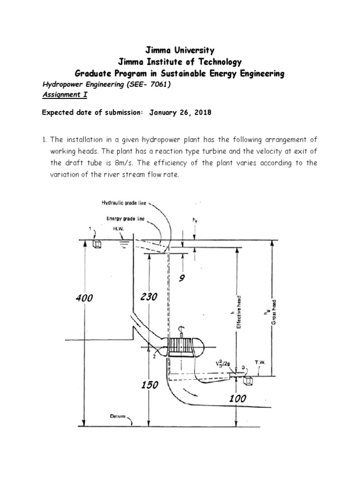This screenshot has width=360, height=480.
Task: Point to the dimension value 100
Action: (x=238, y=398)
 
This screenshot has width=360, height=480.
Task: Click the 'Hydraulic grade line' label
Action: (x=124, y=202)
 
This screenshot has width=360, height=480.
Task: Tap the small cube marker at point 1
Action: (x=97, y=244)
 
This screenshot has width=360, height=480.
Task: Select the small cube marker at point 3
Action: (x=248, y=380)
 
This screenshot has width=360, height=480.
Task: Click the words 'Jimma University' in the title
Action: (x=180, y=50)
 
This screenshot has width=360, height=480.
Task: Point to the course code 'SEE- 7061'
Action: (x=150, y=84)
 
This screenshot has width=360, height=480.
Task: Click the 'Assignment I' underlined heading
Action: (x=65, y=95)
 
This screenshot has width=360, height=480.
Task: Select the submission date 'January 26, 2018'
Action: (x=180, y=112)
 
